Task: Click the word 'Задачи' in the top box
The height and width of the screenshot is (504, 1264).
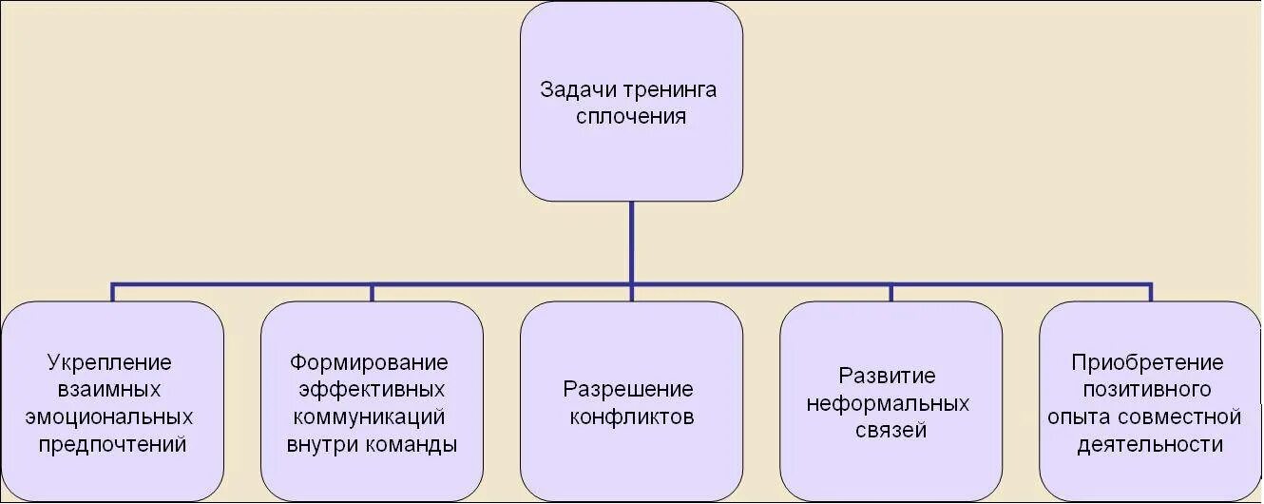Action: pyautogui.click(x=579, y=90)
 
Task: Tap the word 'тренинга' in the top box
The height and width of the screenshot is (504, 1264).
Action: pyautogui.click(x=670, y=90)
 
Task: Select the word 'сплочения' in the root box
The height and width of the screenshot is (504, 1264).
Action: pyautogui.click(x=631, y=118)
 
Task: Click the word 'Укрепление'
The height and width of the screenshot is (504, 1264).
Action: pyautogui.click(x=113, y=362)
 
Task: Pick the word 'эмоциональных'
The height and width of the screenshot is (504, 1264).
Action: pyautogui.click(x=112, y=417)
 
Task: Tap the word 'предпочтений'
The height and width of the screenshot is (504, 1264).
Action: pyautogui.click(x=112, y=444)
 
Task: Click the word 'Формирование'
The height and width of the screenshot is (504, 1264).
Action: pyautogui.click(x=370, y=362)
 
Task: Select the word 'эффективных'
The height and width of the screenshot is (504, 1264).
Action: pyautogui.click(x=372, y=390)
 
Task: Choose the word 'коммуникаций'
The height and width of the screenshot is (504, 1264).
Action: pyautogui.click(x=370, y=417)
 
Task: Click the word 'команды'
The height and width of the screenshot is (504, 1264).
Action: pyautogui.click(x=412, y=444)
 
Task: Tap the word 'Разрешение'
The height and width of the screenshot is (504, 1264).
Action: pyautogui.click(x=628, y=390)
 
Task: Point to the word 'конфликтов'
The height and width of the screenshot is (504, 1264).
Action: pyautogui.click(x=631, y=417)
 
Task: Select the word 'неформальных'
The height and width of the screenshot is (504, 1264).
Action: pyautogui.click(x=889, y=403)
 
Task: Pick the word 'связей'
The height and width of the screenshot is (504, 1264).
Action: pyautogui.click(x=891, y=430)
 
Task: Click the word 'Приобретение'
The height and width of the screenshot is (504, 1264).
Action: pyautogui.click(x=1147, y=362)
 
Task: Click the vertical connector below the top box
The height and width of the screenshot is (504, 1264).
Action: pyautogui.click(x=631, y=242)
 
